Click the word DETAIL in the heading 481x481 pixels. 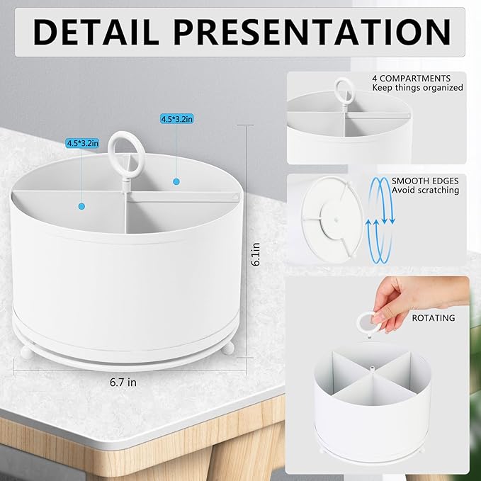point(96,32)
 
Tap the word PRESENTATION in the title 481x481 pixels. point(312,32)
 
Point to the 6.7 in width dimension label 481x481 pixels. point(123,383)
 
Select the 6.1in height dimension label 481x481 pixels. point(256,254)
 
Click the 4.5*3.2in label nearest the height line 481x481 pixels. point(176,119)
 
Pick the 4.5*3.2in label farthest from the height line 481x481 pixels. point(82,143)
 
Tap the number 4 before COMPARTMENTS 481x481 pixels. point(375,78)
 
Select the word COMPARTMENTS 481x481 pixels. point(415,78)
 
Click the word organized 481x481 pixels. point(443,88)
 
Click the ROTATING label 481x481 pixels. point(434,318)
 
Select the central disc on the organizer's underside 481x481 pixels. point(334,220)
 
